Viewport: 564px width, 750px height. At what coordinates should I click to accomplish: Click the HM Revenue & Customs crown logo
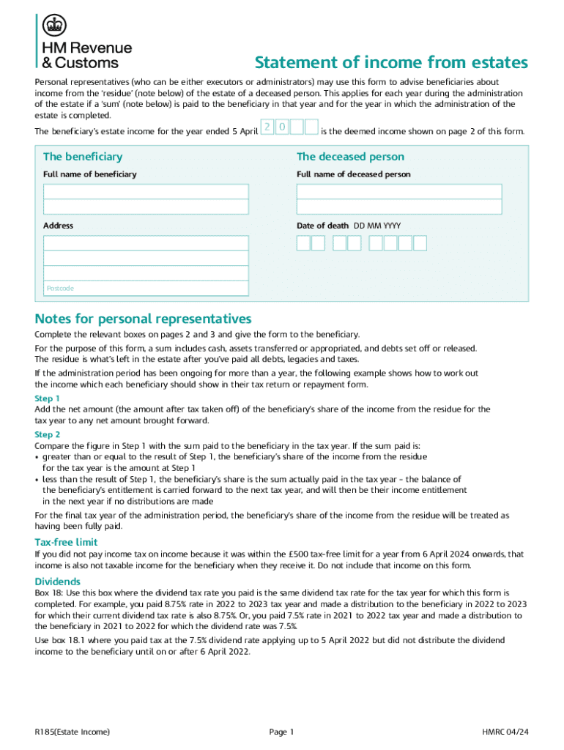point(53,27)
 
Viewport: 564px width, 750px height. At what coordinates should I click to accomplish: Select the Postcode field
point(146,289)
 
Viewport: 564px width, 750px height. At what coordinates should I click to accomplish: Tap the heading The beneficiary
point(83,157)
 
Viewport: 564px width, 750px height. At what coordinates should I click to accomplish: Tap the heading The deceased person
point(350,157)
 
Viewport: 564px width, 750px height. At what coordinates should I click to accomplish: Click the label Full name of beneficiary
point(89,174)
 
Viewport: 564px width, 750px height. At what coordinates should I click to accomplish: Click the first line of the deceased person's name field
point(399,191)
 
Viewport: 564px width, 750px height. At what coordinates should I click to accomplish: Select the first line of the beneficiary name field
point(146,191)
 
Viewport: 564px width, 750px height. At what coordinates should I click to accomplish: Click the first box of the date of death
point(303,243)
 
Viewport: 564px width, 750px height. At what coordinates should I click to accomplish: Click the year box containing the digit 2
point(267,128)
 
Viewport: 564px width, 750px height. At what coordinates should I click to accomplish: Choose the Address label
point(58,226)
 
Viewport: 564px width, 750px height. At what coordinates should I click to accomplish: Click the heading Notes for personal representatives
point(143,319)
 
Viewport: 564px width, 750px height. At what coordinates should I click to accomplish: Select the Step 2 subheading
point(48,434)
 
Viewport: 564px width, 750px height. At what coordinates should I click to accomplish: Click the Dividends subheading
point(58,582)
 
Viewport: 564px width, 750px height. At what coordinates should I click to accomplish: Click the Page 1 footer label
point(281,732)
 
